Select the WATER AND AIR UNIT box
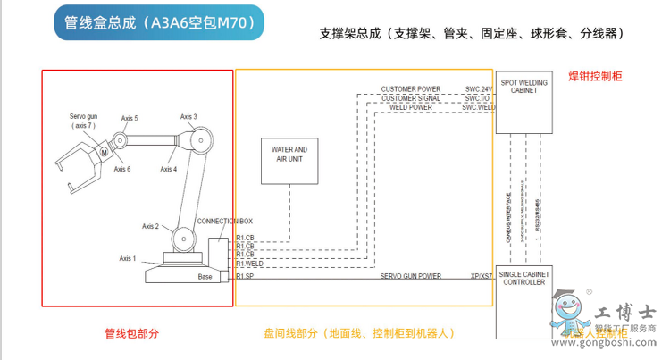tap(289, 155)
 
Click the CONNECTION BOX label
tap(224, 221)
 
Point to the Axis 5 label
tap(130, 118)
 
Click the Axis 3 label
tap(188, 116)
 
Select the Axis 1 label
tap(128, 258)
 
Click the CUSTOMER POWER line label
tap(410, 89)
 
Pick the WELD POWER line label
tap(410, 107)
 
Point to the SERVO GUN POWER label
tap(411, 276)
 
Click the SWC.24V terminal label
tap(479, 89)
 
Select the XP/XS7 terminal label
tap(481, 276)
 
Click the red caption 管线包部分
tap(131, 333)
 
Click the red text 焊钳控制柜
tap(594, 77)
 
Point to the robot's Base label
tap(205, 277)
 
